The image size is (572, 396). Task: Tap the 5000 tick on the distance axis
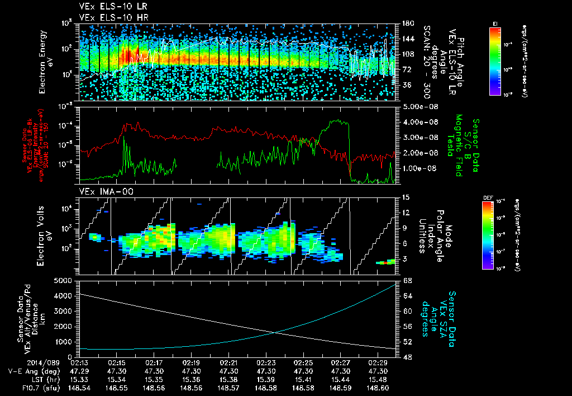pyautogui.click(x=63, y=280)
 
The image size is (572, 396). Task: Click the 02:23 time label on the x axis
pyautogui.click(x=265, y=363)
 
